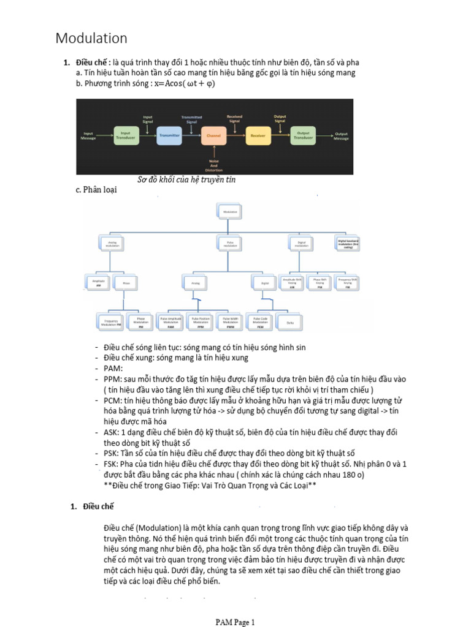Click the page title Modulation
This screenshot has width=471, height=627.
pyautogui.click(x=91, y=39)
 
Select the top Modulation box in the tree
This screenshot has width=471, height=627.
pyautogui.click(x=231, y=212)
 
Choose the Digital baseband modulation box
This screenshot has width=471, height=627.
pyautogui.click(x=348, y=243)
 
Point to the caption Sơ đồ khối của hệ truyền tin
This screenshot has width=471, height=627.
pyautogui.click(x=186, y=180)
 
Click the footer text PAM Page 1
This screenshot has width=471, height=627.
pyautogui.click(x=235, y=622)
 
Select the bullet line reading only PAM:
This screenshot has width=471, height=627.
pyautogui.click(x=113, y=368)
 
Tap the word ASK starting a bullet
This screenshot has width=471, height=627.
pyautogui.click(x=112, y=432)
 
